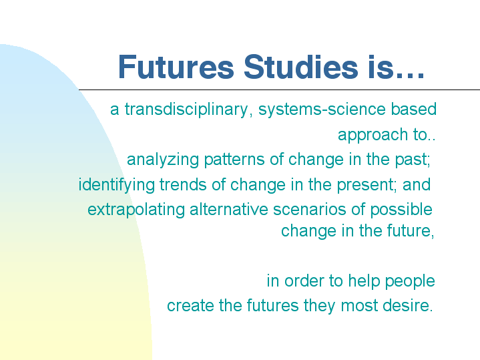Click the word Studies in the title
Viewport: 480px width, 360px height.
[300, 67]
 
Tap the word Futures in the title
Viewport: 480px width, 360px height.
[176, 67]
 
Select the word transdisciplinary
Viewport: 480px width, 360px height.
[187, 110]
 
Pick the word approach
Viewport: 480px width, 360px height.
[373, 136]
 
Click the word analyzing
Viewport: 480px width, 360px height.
[163, 160]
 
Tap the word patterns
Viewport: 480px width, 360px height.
[234, 160]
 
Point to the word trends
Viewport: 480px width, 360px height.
[183, 185]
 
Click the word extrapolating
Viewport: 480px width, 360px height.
[136, 210]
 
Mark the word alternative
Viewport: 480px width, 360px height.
[229, 210]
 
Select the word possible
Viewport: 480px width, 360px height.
[401, 210]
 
